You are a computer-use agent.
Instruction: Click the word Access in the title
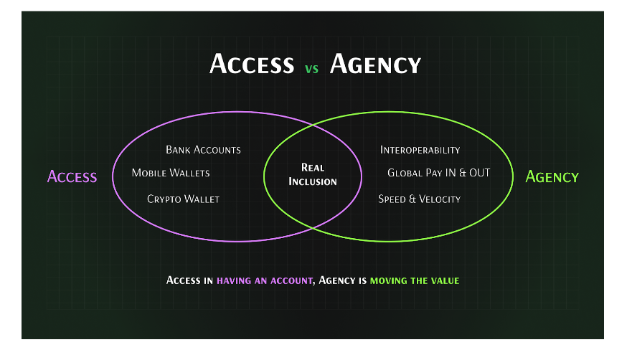click(x=251, y=65)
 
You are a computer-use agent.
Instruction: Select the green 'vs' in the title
click(x=311, y=70)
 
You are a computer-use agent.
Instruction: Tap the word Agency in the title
click(x=374, y=65)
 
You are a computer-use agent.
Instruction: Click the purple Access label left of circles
click(x=72, y=176)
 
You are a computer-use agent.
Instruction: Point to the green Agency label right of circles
click(x=552, y=176)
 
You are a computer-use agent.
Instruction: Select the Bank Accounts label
click(x=203, y=150)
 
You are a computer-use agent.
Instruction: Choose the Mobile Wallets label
click(x=171, y=173)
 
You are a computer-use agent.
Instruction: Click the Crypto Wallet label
click(x=183, y=199)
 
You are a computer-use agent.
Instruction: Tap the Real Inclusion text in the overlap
click(x=313, y=174)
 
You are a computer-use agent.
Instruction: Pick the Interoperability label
click(x=420, y=150)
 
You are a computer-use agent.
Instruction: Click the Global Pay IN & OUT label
click(x=438, y=173)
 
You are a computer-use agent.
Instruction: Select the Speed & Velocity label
click(x=419, y=199)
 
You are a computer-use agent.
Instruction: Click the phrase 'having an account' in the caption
click(x=265, y=280)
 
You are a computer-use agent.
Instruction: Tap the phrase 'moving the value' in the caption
click(x=414, y=280)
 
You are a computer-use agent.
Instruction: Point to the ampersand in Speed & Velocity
click(x=412, y=199)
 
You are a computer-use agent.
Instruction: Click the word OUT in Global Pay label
click(x=478, y=173)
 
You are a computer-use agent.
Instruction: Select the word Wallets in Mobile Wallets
click(x=190, y=173)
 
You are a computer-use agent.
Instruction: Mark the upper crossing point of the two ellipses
click(x=313, y=125)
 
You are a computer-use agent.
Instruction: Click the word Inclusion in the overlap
click(x=313, y=181)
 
